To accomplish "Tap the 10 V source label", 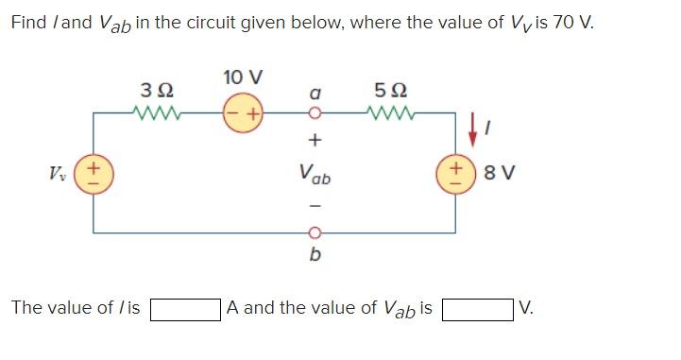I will tap(244, 76).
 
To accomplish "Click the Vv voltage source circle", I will tap(93, 173).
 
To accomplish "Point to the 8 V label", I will tap(497, 173).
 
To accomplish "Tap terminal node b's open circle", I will tap(316, 231).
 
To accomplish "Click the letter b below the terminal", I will tap(315, 254).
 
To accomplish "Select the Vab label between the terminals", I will tap(315, 174).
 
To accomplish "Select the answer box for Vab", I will tap(477, 308).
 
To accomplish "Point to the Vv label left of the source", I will tap(59, 173).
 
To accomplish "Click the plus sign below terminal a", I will tap(316, 140).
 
